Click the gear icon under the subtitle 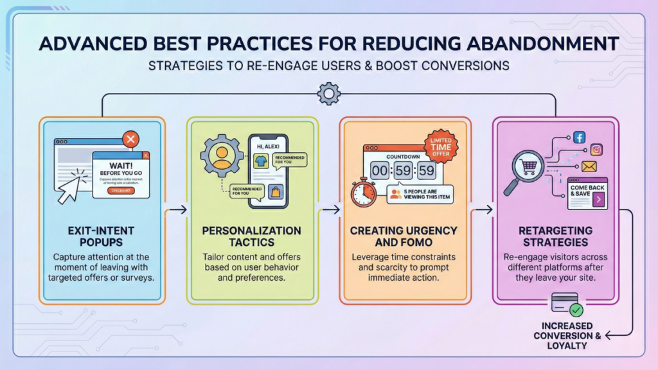click(x=328, y=93)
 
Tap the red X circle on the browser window click(x=131, y=139)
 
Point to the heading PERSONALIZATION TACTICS click(x=252, y=236)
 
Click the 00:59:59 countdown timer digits click(x=402, y=170)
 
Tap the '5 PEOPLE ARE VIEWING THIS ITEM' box click(x=420, y=194)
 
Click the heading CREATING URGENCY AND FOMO click(x=404, y=236)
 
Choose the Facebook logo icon click(x=578, y=137)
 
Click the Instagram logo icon click(x=596, y=150)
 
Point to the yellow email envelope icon click(x=589, y=167)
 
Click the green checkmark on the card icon click(x=576, y=310)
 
